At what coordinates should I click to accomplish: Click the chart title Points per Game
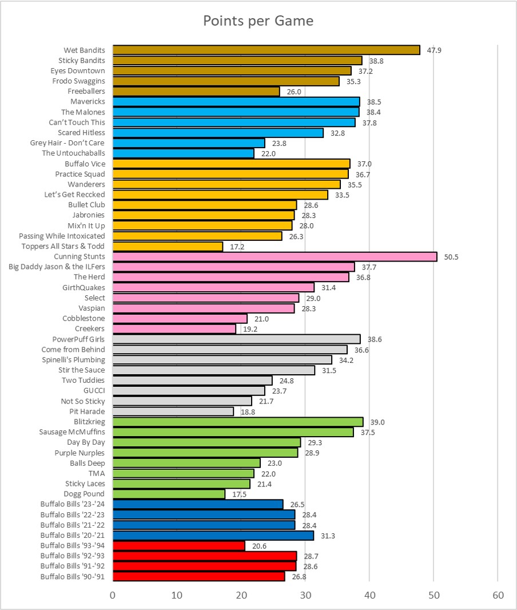[x=258, y=21]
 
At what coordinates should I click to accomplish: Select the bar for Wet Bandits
[x=266, y=50]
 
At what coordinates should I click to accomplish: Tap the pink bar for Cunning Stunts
[x=275, y=256]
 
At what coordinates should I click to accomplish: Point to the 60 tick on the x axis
[x=498, y=595]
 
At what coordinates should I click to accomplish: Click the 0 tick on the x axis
[x=113, y=595]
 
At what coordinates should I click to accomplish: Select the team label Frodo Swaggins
[x=79, y=81]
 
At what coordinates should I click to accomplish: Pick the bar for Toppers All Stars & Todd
[x=168, y=246]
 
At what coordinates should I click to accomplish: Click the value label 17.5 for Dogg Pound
[x=239, y=494]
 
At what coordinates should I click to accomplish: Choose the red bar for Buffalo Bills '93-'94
[x=178, y=545]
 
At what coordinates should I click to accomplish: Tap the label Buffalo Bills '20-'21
[x=73, y=535]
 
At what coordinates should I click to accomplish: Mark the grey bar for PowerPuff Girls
[x=236, y=339]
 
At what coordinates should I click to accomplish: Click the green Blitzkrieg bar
[x=238, y=422]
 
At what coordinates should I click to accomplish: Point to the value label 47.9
[x=434, y=50]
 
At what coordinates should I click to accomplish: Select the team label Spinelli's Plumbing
[x=73, y=360]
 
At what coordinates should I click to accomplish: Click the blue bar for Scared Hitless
[x=218, y=133]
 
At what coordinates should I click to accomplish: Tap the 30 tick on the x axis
[x=305, y=595]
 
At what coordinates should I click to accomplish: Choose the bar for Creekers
[x=174, y=328]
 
